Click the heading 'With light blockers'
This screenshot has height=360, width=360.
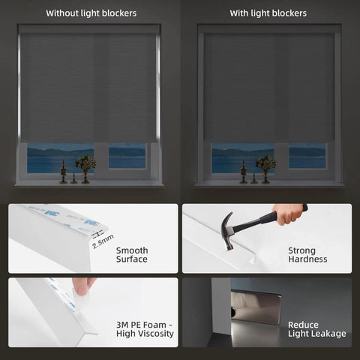click(x=268, y=13)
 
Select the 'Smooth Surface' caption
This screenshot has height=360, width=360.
click(x=132, y=255)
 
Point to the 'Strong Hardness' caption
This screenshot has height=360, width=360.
click(x=307, y=255)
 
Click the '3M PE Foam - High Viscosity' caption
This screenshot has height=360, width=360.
click(x=145, y=328)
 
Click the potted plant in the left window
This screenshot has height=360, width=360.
click(x=85, y=165)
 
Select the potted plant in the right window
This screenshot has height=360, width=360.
click(x=265, y=165)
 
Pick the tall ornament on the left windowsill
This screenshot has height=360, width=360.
click(x=64, y=171)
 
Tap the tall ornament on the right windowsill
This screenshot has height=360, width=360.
click(x=244, y=171)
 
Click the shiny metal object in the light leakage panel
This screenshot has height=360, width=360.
click(x=256, y=307)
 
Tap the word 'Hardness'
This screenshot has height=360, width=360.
click(x=307, y=259)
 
